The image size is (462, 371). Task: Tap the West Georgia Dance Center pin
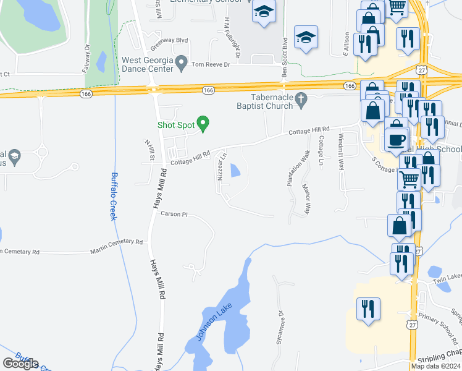[182, 62]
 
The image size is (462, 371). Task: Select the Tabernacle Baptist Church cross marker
[301, 100]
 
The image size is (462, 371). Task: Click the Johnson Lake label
[209, 326]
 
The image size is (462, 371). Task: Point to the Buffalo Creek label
[114, 196]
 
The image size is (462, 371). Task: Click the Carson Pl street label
[174, 214]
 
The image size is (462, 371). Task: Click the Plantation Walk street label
[290, 170]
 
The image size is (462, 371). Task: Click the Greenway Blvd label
[169, 40]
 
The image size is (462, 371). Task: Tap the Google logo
[20, 364]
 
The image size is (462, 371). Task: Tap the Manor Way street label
[304, 197]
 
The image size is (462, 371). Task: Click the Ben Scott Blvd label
[285, 59]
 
